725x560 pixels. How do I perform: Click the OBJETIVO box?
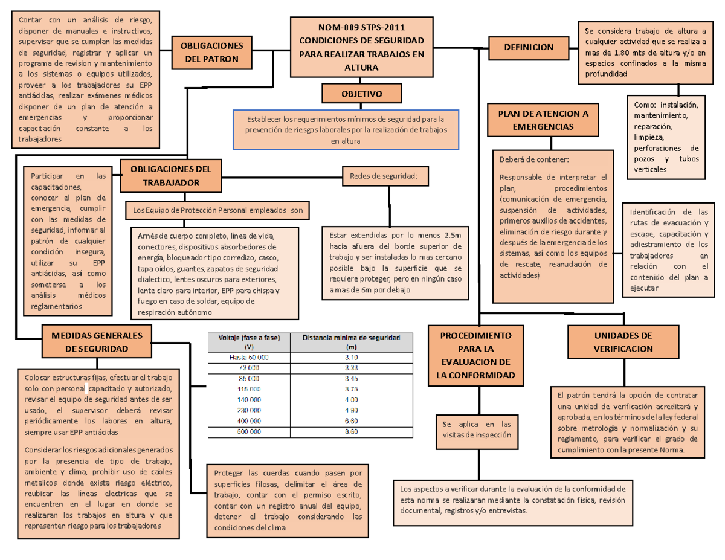pos(361,94)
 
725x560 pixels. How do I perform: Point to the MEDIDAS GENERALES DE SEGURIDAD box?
pos(97,342)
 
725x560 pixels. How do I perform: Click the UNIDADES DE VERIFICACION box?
pos(622,342)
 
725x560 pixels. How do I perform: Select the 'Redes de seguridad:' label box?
pos(384,176)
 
